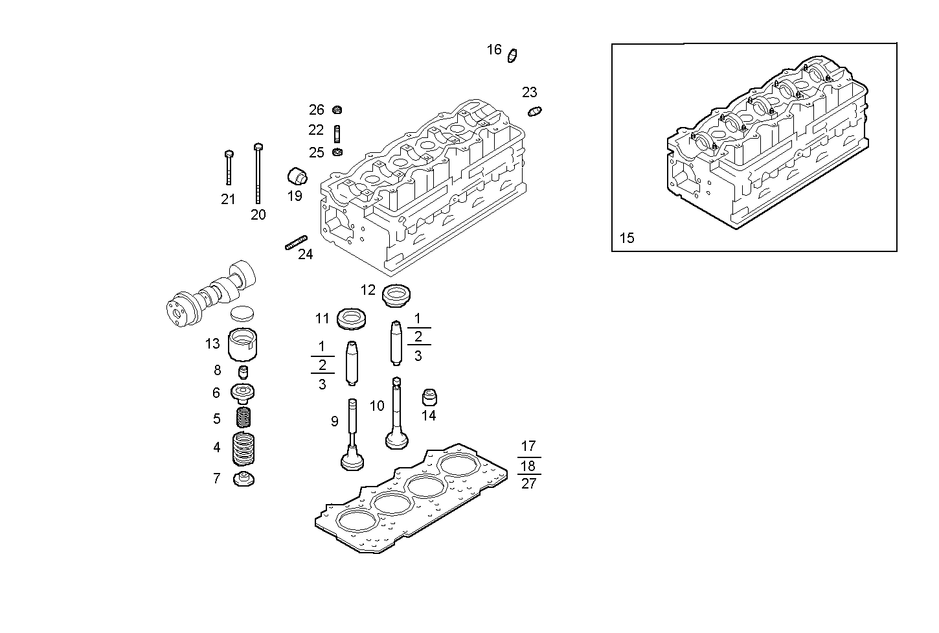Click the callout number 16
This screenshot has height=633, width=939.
click(494, 50)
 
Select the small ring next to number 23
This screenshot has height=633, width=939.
click(535, 111)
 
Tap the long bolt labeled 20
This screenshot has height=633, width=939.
click(258, 173)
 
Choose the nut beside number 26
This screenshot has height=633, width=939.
click(337, 109)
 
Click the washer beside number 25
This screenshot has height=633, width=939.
click(337, 153)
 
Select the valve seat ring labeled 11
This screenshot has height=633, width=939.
click(352, 318)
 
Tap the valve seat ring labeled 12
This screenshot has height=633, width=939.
click(397, 295)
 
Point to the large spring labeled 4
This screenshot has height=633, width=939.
click(244, 448)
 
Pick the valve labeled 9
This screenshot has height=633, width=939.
click(352, 434)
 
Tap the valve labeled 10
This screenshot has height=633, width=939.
click(396, 415)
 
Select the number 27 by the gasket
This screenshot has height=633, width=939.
click(528, 484)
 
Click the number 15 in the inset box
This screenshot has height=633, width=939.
click(627, 238)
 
